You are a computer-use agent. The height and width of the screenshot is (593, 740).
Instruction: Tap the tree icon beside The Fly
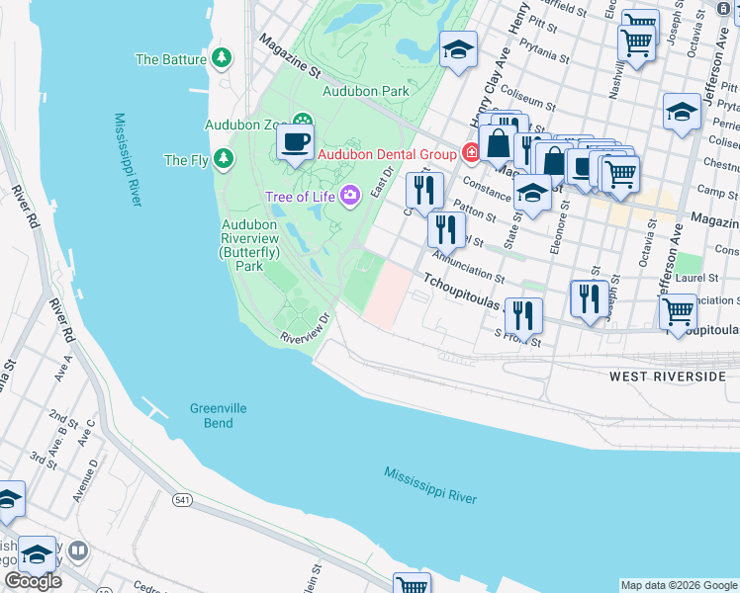(225, 158)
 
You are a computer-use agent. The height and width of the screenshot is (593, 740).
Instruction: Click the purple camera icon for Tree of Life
(348, 195)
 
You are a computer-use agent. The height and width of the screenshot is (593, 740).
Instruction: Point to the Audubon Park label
(365, 91)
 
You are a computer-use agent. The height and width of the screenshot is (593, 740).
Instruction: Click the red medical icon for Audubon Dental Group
(471, 153)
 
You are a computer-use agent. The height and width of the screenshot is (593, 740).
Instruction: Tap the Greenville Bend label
(219, 416)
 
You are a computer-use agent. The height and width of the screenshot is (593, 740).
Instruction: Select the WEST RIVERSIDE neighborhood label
(668, 377)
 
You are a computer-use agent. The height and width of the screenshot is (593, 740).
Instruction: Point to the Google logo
(33, 581)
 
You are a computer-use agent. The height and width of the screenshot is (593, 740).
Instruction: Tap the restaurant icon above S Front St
(523, 315)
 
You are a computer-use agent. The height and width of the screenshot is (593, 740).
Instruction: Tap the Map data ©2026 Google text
(679, 585)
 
